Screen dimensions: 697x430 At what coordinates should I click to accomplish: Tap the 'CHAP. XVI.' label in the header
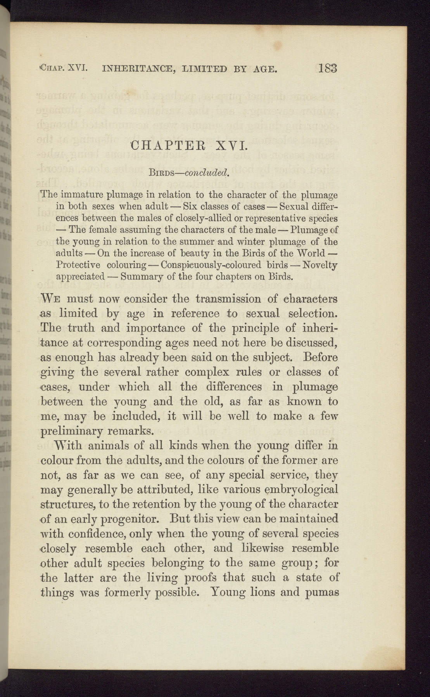(63, 70)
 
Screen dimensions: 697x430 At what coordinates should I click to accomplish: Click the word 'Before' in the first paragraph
(321, 357)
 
